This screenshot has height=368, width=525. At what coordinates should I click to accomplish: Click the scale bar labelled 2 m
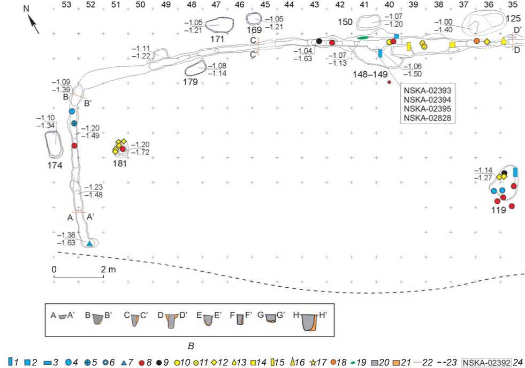(80, 277)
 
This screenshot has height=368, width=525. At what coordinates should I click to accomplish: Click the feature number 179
(190, 82)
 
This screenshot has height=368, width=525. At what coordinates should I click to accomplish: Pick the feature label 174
(55, 166)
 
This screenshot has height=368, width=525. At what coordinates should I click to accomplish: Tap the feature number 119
(499, 211)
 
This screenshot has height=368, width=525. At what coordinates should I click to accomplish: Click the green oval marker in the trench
(363, 38)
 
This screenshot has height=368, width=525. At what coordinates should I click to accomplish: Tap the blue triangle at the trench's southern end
(90, 243)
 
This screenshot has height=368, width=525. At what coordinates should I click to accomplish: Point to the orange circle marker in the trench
(476, 41)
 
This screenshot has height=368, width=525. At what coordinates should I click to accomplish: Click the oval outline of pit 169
(254, 19)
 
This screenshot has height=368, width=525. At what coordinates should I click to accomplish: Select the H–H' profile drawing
(309, 323)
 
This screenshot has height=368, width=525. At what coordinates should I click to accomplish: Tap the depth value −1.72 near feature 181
(140, 153)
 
